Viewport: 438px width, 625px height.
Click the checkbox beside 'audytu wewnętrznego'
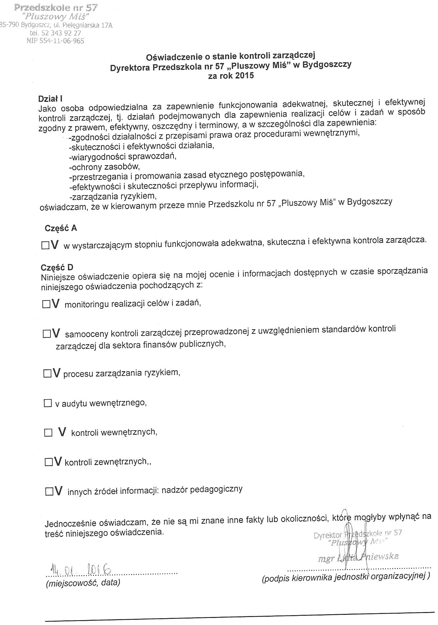point(48,403)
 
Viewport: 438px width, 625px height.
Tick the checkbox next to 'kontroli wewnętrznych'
point(48,433)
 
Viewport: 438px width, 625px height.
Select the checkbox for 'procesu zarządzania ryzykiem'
point(48,374)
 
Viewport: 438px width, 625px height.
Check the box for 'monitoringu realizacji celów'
point(46,304)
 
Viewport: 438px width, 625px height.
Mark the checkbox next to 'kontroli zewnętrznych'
point(49,462)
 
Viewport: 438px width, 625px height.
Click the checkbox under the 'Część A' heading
point(45,245)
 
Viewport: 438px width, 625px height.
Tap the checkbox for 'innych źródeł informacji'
point(49,492)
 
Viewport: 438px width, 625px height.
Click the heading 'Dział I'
point(50,99)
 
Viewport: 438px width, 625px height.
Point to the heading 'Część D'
point(57,267)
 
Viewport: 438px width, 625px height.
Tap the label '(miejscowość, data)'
point(83,583)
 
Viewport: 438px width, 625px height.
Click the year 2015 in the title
point(245,75)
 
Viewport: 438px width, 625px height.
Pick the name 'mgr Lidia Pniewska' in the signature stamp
point(358,557)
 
